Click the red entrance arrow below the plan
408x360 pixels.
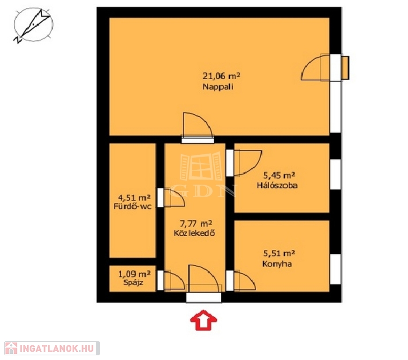(x=204, y=320)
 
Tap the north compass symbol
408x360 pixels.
(x=33, y=25)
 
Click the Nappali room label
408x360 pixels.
(x=218, y=86)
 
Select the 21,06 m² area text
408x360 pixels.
(x=221, y=76)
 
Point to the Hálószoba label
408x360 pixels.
(x=277, y=185)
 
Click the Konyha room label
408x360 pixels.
(x=277, y=264)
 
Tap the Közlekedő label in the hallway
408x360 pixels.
(x=194, y=233)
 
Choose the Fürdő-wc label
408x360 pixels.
(x=132, y=207)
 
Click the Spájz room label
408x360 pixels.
(x=133, y=283)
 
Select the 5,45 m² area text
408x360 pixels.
(x=279, y=175)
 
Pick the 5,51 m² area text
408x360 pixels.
(x=279, y=253)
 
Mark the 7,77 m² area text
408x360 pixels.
(x=196, y=223)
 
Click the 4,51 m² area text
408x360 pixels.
(x=134, y=197)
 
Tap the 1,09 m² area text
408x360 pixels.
(x=135, y=273)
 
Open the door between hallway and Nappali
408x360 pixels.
(x=198, y=125)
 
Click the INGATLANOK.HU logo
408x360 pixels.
(x=52, y=348)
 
